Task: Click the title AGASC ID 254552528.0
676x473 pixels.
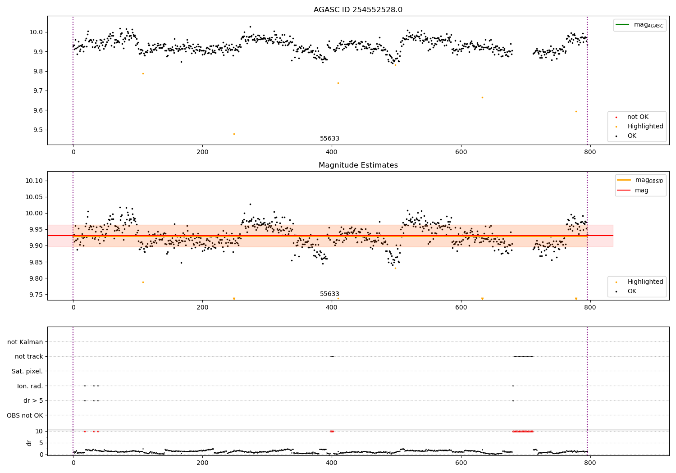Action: click(358, 10)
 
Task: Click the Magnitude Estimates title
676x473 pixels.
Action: click(358, 165)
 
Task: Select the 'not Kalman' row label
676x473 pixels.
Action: click(25, 342)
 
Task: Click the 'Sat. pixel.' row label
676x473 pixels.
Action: click(27, 371)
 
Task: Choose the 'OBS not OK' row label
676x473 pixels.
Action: click(25, 415)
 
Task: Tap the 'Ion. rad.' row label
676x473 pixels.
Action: click(30, 386)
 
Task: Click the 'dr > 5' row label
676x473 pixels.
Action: click(33, 400)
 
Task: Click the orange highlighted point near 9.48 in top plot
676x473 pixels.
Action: click(234, 134)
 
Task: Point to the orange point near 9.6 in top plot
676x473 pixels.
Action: click(576, 111)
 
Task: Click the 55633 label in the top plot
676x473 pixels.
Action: click(329, 139)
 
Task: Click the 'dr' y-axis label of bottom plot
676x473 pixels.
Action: click(29, 443)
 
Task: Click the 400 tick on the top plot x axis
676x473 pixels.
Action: click(332, 152)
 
